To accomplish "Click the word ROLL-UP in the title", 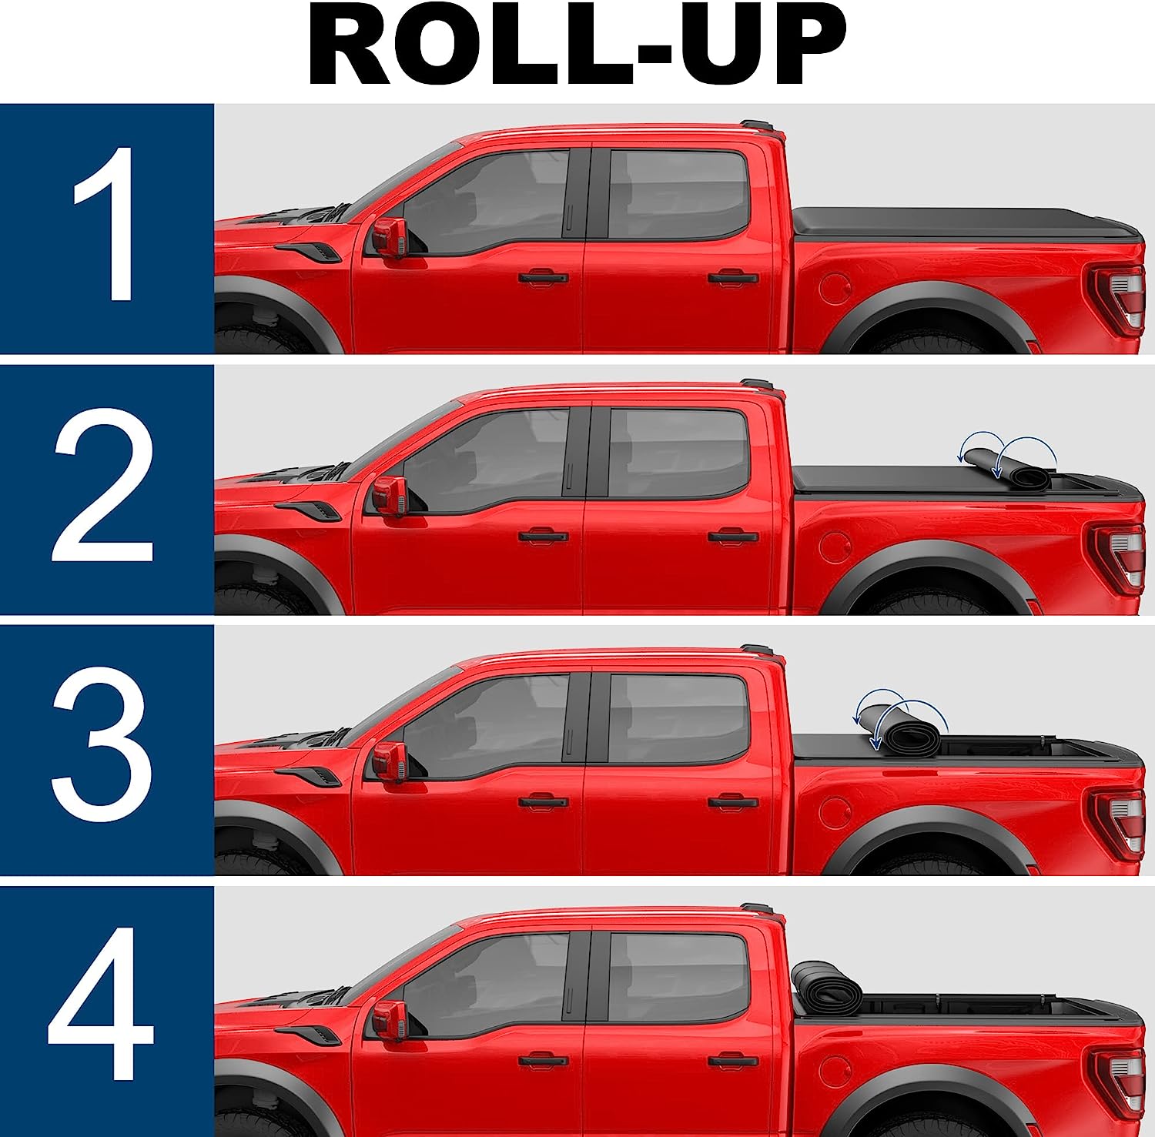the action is tap(577, 45).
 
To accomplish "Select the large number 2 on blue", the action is tap(103, 486).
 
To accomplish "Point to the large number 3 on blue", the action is tap(102, 747).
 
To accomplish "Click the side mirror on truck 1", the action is tap(390, 236).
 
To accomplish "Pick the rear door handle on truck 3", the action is tap(733, 802).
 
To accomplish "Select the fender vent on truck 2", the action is tap(308, 510).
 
